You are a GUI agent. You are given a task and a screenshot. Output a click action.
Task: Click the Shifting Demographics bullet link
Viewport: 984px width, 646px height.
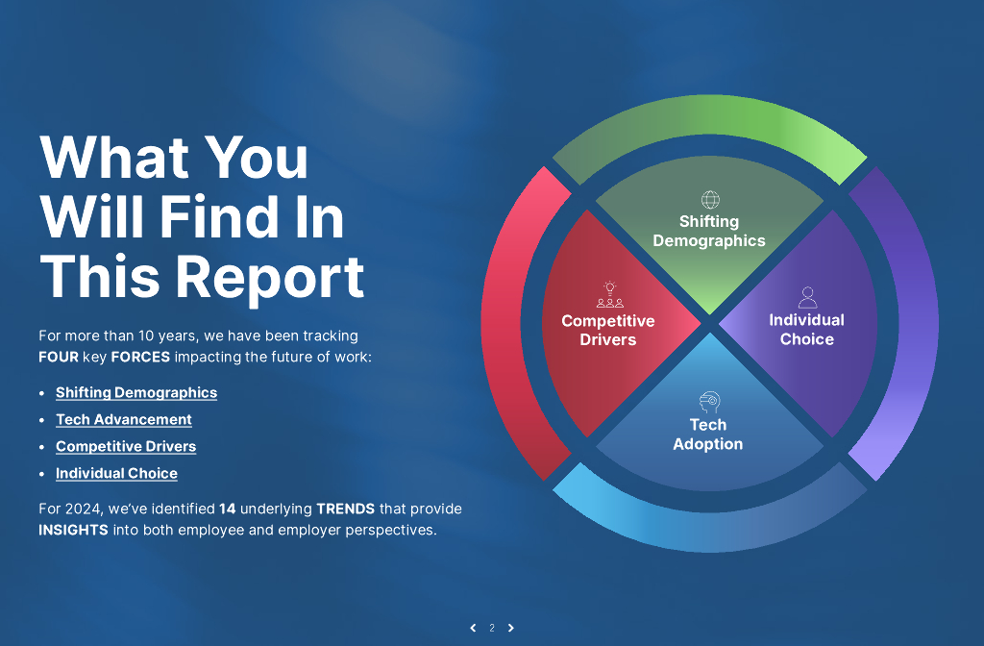pyautogui.click(x=136, y=392)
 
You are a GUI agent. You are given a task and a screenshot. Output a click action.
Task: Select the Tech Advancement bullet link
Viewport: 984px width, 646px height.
pyautogui.click(x=124, y=419)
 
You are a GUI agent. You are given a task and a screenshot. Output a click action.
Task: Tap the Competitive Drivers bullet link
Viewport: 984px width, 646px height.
pyautogui.click(x=126, y=446)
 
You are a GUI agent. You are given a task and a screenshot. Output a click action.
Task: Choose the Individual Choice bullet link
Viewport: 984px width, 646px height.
pyautogui.click(x=116, y=473)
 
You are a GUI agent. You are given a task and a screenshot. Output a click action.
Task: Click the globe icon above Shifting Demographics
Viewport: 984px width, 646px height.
pyautogui.click(x=710, y=200)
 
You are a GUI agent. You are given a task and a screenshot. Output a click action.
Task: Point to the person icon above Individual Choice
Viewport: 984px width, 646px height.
pyautogui.click(x=807, y=298)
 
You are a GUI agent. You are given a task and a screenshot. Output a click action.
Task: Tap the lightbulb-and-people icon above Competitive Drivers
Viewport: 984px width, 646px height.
pyautogui.click(x=609, y=295)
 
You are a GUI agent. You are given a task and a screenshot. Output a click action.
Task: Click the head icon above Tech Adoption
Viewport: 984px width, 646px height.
pyautogui.click(x=709, y=402)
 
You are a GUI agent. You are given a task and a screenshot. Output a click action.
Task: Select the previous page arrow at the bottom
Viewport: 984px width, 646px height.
pyautogui.click(x=473, y=628)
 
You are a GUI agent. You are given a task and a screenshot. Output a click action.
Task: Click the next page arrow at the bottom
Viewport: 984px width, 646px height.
pyautogui.click(x=510, y=628)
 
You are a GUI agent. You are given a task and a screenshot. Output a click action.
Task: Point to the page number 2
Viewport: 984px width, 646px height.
pyautogui.click(x=492, y=628)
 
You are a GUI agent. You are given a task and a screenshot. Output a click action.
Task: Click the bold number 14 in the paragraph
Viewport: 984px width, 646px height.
pyautogui.click(x=228, y=509)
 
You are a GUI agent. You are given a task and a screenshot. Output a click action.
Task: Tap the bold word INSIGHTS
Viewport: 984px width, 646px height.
pyautogui.click(x=73, y=530)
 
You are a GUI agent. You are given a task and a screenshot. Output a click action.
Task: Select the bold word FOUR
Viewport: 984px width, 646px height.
pyautogui.click(x=58, y=357)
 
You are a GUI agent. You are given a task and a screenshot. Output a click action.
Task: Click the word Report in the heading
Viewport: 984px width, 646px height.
pyautogui.click(x=271, y=277)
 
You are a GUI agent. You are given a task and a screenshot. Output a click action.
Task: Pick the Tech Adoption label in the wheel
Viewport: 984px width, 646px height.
pyautogui.click(x=708, y=435)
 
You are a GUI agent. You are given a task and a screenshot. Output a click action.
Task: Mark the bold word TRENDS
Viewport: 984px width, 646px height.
pyautogui.click(x=345, y=509)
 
